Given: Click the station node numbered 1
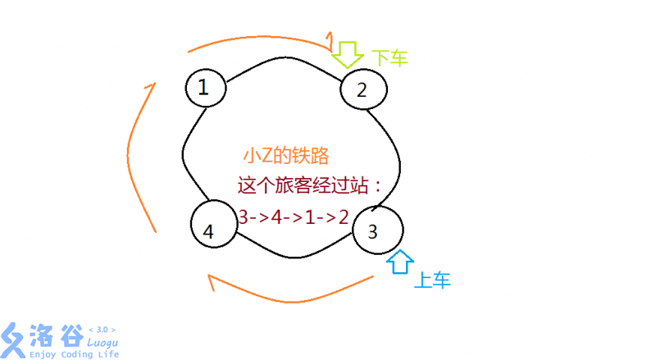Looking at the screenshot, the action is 206,88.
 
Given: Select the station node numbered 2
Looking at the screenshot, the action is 363,89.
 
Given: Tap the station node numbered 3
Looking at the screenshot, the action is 378,230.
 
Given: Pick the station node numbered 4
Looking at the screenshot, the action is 214,224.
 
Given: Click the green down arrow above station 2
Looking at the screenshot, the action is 347,54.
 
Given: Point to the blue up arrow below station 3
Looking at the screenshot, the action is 400,262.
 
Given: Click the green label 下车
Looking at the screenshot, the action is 389,58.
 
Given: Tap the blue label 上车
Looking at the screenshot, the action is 432,280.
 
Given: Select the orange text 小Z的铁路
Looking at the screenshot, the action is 286,156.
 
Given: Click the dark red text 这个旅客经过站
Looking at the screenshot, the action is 303,185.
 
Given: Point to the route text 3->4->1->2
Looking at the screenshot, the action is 294,217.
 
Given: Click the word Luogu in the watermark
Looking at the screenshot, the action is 102,344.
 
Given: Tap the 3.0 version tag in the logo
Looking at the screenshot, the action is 102,330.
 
